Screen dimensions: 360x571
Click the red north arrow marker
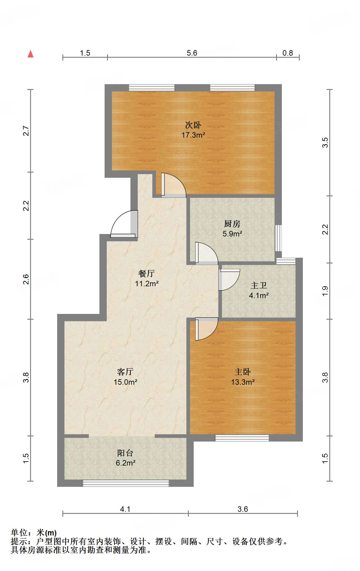tap(30, 54)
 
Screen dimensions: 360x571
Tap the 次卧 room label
tap(193, 125)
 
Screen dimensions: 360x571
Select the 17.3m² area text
tap(193, 135)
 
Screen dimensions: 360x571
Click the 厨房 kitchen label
tap(232, 224)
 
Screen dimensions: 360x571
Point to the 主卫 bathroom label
tap(259, 286)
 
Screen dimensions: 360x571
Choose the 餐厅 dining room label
tap(147, 273)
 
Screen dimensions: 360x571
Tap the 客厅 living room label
tap(125, 372)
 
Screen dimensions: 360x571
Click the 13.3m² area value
tap(243, 382)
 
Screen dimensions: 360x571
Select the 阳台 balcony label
tap(125, 453)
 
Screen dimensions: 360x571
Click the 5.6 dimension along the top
tap(192, 53)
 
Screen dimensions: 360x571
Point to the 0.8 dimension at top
tap(288, 53)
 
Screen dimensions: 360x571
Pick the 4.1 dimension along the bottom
tap(125, 509)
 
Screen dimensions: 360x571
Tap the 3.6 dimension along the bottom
tap(243, 509)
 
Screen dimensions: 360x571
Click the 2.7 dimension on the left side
tap(26, 131)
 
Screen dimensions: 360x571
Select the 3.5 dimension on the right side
tap(325, 143)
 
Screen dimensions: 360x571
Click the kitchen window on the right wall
tap(278, 238)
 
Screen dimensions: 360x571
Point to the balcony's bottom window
tap(126, 483)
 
